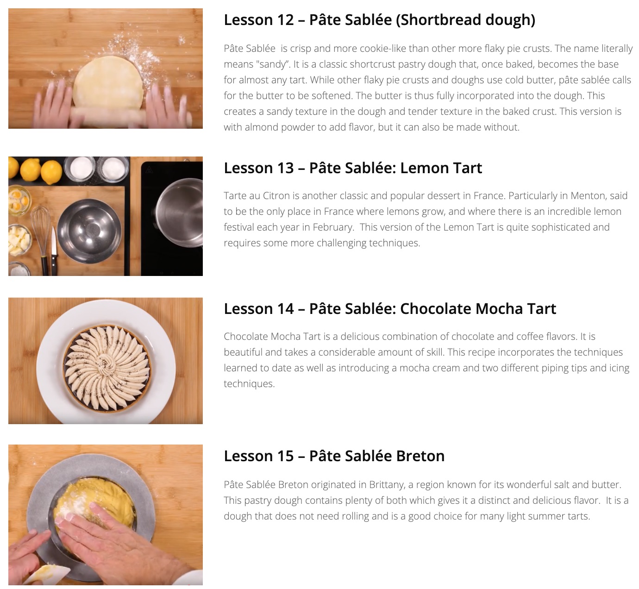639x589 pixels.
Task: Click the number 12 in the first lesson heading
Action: pyautogui.click(x=285, y=19)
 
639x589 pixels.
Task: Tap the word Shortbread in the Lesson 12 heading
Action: pyautogui.click(x=439, y=19)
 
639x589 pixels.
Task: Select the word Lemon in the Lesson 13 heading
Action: pyautogui.click(x=422, y=168)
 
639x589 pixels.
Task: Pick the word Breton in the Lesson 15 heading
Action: pyautogui.click(x=420, y=456)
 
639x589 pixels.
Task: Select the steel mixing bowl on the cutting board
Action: pyautogui.click(x=89, y=231)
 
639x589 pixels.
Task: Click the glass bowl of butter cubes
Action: pyautogui.click(x=19, y=240)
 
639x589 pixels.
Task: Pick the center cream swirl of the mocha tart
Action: pyautogui.click(x=107, y=365)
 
